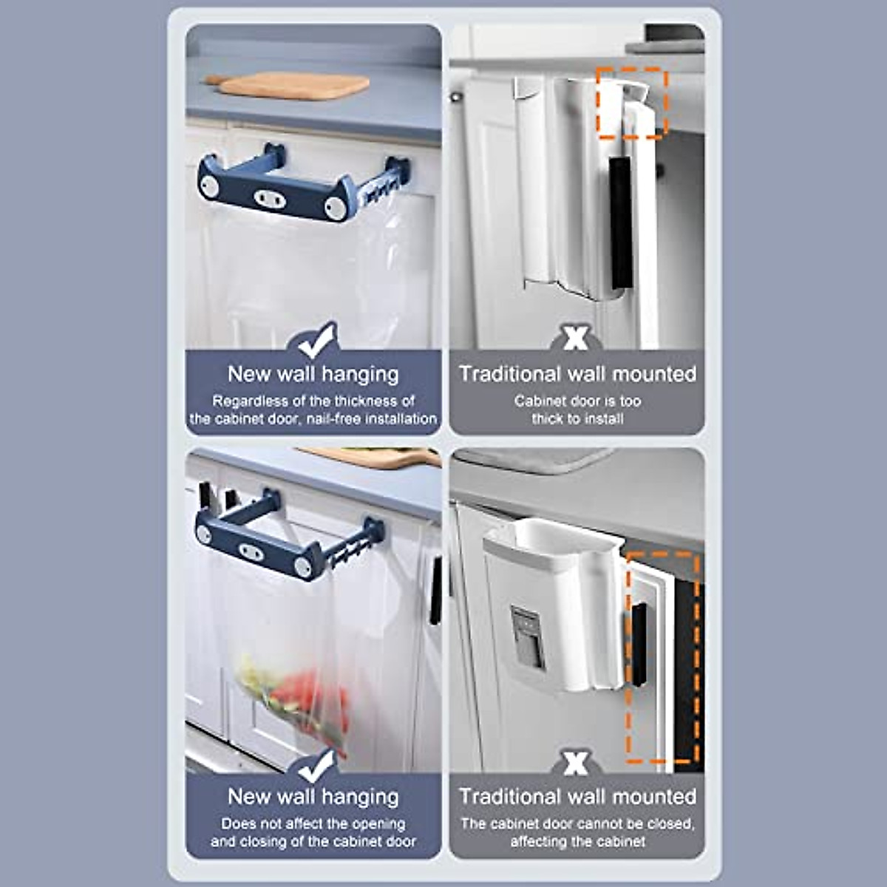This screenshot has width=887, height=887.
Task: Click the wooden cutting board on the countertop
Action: point(296,85)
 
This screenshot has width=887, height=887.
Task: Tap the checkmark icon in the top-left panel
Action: point(314,341)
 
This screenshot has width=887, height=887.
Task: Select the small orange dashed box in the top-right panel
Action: point(632,103)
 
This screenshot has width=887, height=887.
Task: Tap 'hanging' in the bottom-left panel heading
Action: point(360,797)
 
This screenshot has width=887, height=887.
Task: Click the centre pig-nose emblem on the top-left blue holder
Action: point(268,198)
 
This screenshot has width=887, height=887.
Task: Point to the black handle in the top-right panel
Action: point(622,222)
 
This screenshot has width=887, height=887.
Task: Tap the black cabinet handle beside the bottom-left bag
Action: point(436,591)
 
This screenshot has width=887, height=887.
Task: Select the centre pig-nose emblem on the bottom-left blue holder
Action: point(249,549)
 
